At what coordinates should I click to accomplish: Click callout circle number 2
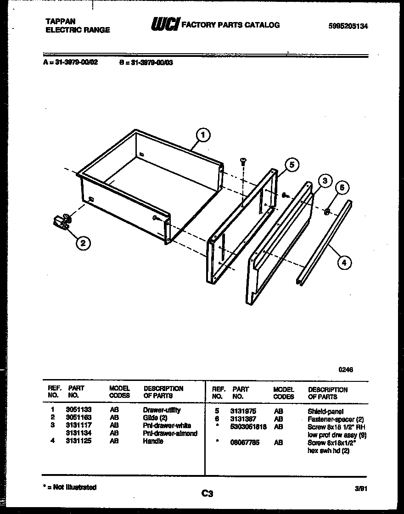[x=83, y=243]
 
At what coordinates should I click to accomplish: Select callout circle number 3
[x=324, y=180]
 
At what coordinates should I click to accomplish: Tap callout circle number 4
[x=344, y=263]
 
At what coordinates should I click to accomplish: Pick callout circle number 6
[x=341, y=187]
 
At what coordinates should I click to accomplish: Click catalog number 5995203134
[x=348, y=27]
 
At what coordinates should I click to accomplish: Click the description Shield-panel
[x=325, y=412]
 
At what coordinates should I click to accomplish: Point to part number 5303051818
[x=249, y=427]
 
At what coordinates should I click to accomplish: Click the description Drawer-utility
[x=162, y=410]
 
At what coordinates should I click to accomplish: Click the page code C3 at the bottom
[x=207, y=494]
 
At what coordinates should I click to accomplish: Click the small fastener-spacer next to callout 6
[x=326, y=212]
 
